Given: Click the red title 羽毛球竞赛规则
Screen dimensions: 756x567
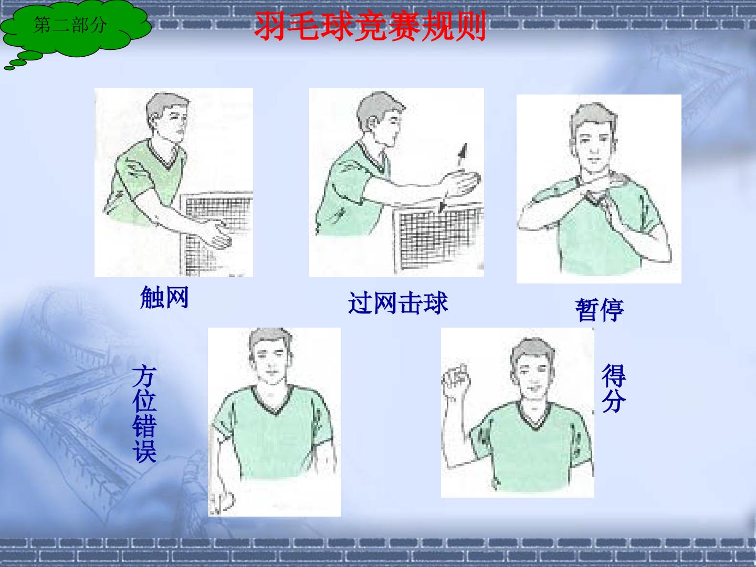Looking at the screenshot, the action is pos(370,26).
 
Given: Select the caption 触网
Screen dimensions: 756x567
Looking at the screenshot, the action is pos(164,298).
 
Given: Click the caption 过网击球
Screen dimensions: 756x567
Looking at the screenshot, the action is pos(398,303).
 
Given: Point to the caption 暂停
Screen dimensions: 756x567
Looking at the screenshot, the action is pos(600,310).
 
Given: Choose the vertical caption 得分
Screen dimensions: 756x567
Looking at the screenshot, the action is pos(613,388).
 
